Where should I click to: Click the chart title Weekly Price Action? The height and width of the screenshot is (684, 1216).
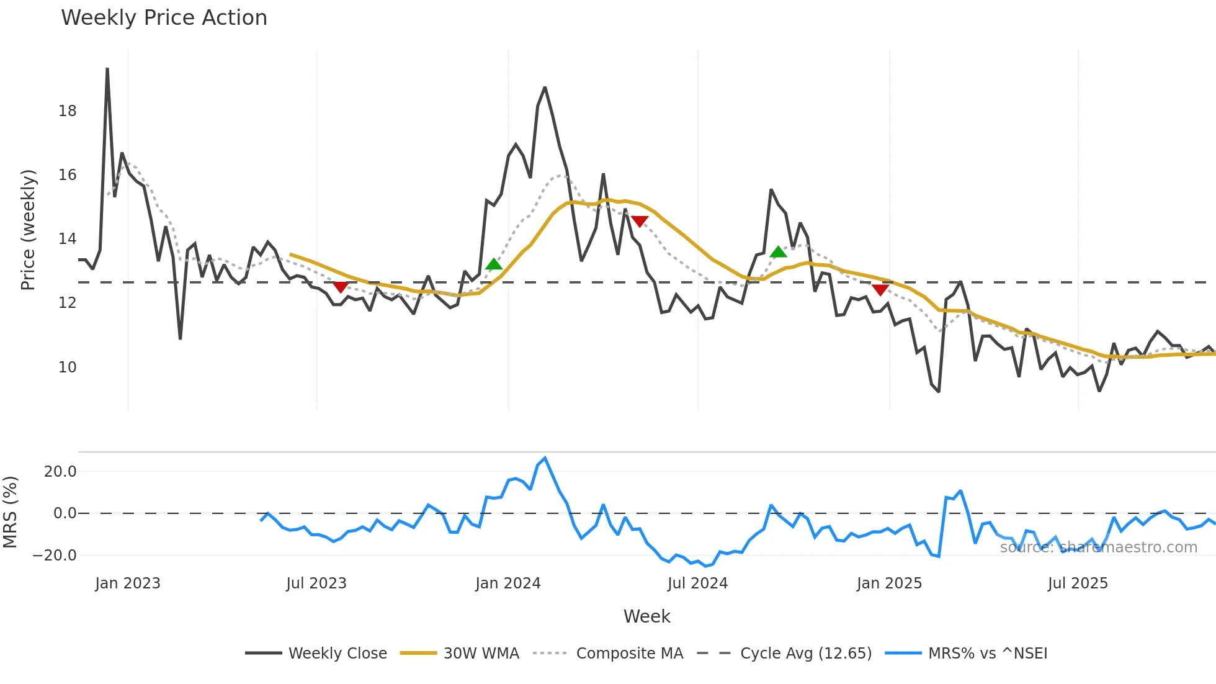(x=164, y=17)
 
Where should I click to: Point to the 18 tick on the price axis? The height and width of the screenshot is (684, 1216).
(x=67, y=111)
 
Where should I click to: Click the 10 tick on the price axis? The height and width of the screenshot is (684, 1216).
(x=67, y=367)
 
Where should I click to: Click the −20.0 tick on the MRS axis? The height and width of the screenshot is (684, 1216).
(x=55, y=555)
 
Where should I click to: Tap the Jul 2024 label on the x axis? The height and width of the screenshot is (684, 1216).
(x=697, y=583)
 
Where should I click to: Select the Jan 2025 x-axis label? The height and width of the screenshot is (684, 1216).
(x=889, y=583)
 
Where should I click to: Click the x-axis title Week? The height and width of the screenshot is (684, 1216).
(x=646, y=616)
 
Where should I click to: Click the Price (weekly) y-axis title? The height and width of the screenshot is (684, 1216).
(x=28, y=230)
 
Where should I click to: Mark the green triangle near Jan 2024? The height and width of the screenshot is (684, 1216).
(x=494, y=264)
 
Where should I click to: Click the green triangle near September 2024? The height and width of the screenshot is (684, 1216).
(x=778, y=252)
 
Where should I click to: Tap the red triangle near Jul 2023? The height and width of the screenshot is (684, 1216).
(x=341, y=287)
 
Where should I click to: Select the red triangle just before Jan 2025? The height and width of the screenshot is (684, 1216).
(x=880, y=290)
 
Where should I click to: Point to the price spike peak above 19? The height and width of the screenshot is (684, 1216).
(x=107, y=69)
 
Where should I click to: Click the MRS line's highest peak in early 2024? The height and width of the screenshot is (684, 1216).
(x=545, y=459)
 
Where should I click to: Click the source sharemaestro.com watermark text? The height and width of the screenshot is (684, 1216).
(x=1098, y=547)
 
